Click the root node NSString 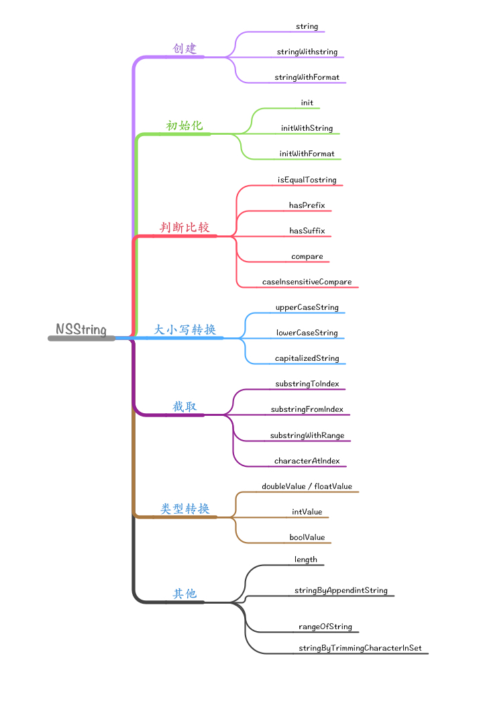pos(81,329)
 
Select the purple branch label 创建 pos(184,49)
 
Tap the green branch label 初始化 pos(184,125)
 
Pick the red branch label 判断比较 pos(184,227)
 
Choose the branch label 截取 pos(184,406)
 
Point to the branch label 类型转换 pos(184,508)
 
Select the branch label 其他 pos(184,594)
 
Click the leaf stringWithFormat pos(307,77)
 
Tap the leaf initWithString pos(307,128)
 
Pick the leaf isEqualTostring pos(307,180)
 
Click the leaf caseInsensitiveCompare pos(307,282)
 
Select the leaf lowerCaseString pos(307,333)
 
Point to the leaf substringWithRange pos(307,435)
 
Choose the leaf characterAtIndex pos(307,461)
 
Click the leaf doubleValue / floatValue pos(307,486)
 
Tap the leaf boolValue pos(307,537)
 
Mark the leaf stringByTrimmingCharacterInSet pos(360,649)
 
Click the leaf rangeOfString pos(325,626)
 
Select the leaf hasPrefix pos(307,205)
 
